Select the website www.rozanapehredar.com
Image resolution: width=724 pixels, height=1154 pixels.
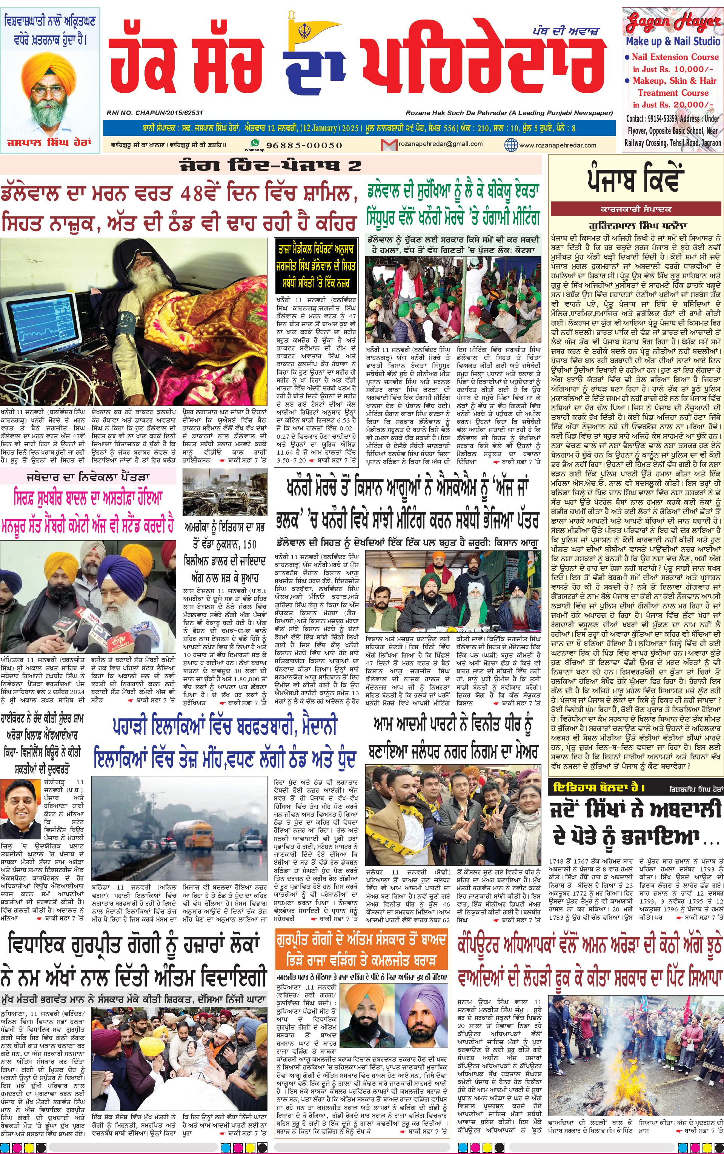click(x=557, y=145)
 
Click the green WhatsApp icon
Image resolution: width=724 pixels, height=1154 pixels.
click(x=255, y=143)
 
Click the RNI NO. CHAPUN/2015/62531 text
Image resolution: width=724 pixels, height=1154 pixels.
click(x=155, y=113)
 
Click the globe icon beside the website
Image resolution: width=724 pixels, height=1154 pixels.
click(x=511, y=144)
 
